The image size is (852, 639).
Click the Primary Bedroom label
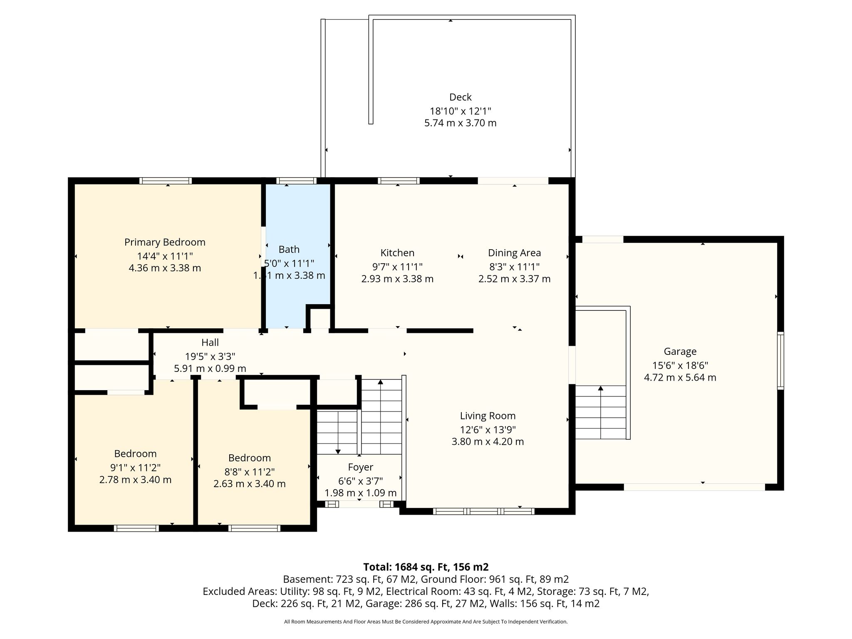coord(165,242)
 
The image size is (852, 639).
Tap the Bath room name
coord(289,249)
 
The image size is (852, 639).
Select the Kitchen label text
coord(397,253)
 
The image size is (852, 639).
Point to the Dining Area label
coord(514,253)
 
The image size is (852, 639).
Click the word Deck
coord(460,97)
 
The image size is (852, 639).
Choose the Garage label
coord(680,352)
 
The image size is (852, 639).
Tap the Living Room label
coord(488,416)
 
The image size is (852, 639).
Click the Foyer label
coord(360,467)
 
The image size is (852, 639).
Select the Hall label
coord(210,342)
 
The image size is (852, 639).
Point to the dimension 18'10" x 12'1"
coord(460,111)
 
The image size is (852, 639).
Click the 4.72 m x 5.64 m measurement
coord(680,378)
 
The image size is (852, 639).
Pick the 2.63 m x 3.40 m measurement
coord(249,484)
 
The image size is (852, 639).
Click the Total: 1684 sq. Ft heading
coord(426,567)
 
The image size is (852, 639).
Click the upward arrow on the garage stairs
coord(600,412)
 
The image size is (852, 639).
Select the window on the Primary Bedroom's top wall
coord(166,181)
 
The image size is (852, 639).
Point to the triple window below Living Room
coord(483,511)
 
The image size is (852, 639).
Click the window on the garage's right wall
coord(781,361)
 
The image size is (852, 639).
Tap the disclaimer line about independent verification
coord(426,622)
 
